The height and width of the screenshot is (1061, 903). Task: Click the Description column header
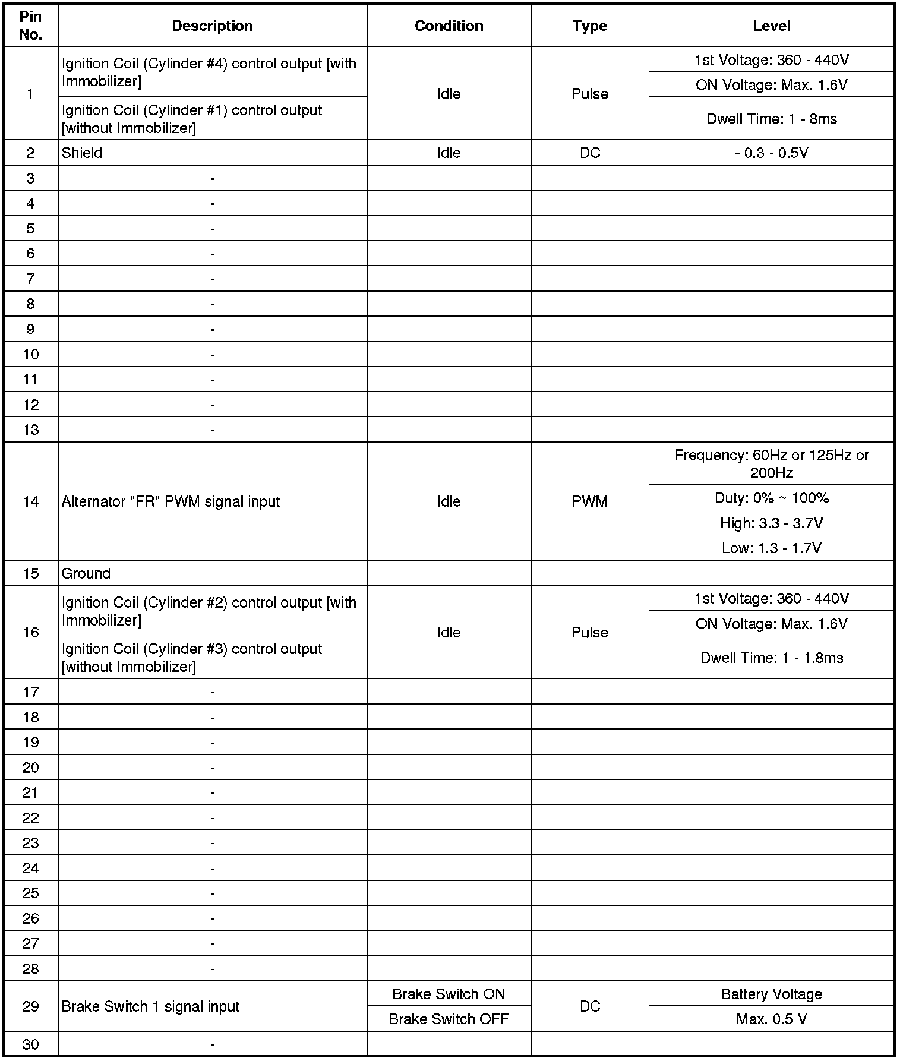pos(212,26)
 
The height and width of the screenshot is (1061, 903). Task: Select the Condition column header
pos(449,26)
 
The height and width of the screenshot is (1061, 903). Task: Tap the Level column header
pos(771,26)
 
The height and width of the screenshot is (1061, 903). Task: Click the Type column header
pos(589,26)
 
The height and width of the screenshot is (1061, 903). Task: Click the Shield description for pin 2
pos(82,153)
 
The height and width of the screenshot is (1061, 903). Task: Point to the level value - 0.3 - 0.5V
pos(771,153)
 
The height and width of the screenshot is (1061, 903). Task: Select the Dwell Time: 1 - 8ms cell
pos(771,119)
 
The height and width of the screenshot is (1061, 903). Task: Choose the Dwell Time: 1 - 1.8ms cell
pos(771,658)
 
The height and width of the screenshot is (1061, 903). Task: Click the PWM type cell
pos(589,502)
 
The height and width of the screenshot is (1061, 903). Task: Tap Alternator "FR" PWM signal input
pos(171,502)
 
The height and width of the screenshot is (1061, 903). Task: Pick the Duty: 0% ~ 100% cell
pos(771,498)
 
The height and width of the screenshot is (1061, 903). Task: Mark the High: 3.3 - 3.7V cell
pos(771,523)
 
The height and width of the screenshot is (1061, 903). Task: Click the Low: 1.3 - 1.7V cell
pos(771,548)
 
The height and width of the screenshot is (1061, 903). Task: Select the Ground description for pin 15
pos(86,574)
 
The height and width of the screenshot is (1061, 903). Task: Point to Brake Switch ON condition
pos(449,994)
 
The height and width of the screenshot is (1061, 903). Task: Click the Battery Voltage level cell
pos(771,994)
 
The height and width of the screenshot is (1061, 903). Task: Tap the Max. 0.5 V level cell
pos(771,1019)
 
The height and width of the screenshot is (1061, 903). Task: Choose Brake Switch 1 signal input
pos(150,1007)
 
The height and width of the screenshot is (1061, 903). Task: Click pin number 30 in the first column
pos(31,1044)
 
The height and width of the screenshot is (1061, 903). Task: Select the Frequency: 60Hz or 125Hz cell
pos(771,464)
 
